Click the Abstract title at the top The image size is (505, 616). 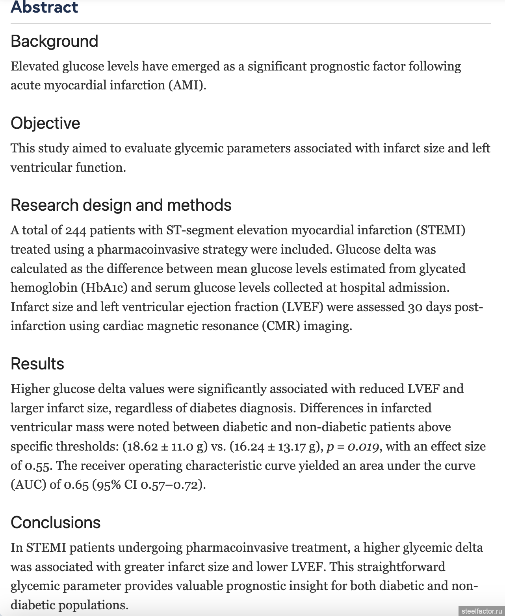click(45, 7)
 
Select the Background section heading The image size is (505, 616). click(54, 41)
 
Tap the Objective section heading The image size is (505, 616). click(45, 123)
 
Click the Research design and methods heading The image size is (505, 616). click(121, 205)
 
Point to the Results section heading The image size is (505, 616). click(37, 364)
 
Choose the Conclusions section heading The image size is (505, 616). click(56, 523)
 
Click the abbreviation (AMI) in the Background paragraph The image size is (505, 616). click(187, 85)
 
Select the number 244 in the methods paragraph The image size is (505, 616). click(76, 230)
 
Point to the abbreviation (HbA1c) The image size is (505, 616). click(104, 288)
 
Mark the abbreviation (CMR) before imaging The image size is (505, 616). click(281, 326)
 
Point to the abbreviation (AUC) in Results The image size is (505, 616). click(28, 485)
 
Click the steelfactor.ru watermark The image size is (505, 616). click(482, 611)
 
